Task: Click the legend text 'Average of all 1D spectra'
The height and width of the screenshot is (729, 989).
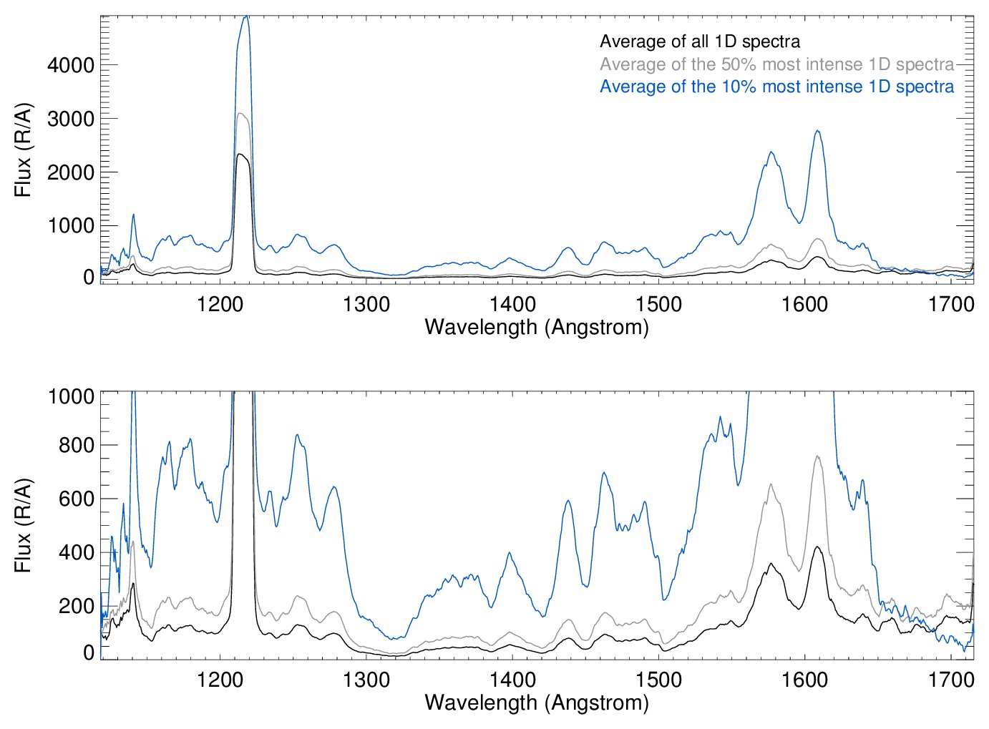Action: point(700,41)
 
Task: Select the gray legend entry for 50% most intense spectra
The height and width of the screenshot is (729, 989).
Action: point(776,64)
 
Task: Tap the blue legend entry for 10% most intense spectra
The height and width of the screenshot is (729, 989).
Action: point(776,87)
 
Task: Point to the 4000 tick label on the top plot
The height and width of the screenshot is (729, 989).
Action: point(71,65)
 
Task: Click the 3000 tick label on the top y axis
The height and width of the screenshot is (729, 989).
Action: point(71,119)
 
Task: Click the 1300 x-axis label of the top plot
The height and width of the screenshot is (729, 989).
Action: point(366,304)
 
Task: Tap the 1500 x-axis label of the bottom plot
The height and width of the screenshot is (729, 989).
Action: point(658,679)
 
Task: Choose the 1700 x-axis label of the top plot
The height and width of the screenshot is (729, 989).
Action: point(951,304)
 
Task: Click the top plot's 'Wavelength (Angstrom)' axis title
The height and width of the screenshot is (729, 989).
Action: point(537,327)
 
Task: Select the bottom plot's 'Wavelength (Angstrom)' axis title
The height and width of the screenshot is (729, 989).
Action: point(537,702)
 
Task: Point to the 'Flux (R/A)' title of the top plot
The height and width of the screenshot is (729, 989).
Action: point(24,150)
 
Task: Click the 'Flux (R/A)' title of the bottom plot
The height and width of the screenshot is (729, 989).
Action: point(24,526)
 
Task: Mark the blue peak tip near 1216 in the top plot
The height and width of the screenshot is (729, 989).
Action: point(246,16)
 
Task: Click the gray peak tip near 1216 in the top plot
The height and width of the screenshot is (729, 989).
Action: point(242,113)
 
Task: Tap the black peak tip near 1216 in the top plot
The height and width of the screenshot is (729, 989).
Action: point(242,154)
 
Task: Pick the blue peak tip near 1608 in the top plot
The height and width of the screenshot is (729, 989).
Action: point(817,131)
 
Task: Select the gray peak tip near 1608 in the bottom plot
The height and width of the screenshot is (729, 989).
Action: point(817,456)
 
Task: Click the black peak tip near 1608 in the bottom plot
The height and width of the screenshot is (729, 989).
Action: point(817,547)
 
